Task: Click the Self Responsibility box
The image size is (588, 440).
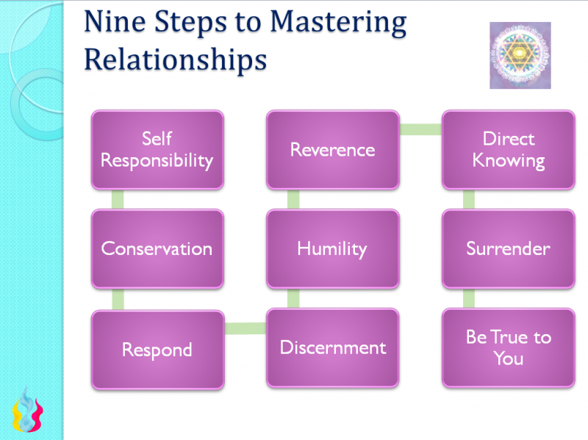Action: coord(157,150)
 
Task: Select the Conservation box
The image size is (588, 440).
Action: coord(157,248)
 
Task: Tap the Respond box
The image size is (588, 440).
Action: coord(157,349)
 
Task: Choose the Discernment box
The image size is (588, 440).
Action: coord(332,347)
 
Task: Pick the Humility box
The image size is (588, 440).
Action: coord(332,248)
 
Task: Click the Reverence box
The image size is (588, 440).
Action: coord(332,150)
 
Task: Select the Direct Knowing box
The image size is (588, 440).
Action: coord(508,150)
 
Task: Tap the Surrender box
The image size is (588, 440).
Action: coord(508,248)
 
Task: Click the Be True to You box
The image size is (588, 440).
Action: coord(508,347)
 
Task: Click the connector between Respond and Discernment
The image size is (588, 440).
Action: coord(245,328)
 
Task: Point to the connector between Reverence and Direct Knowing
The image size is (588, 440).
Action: coord(420,130)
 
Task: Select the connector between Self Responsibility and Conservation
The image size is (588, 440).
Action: coord(118,199)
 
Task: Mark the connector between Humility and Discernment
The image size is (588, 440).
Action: coord(293,298)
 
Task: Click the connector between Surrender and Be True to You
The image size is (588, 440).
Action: coord(469,298)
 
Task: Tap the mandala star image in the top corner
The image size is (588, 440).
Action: coord(520,55)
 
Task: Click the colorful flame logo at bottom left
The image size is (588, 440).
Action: coord(27,411)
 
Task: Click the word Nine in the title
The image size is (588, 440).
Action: coord(115,23)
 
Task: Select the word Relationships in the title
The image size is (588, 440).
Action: coord(174,59)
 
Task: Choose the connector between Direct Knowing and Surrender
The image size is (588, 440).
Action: coord(469,199)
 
